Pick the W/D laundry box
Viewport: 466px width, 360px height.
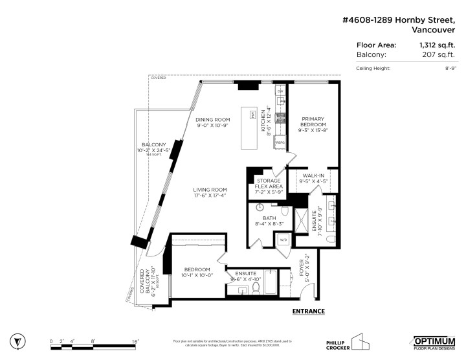[x=283, y=240]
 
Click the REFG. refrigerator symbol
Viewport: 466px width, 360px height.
[x=280, y=142]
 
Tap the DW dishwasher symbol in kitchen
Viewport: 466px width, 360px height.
[x=280, y=92]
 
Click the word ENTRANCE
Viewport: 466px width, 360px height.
[x=308, y=311]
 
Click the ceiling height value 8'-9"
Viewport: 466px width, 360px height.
[x=449, y=69]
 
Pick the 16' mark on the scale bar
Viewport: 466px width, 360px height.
[x=135, y=341]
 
